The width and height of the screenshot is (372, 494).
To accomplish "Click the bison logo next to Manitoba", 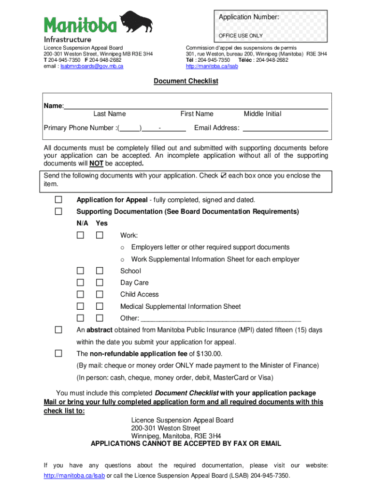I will click(136, 23).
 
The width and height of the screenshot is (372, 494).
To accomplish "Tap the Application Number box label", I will click(248, 17).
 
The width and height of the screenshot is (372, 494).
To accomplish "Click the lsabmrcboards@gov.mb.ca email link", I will click(91, 66).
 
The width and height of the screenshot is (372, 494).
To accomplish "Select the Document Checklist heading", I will click(186, 81).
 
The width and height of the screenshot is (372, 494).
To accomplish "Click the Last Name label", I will click(110, 114).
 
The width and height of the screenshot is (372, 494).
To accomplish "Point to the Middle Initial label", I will click(262, 114).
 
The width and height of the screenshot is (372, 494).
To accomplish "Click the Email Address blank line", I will click(285, 128).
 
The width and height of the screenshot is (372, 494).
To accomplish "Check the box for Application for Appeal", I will click(58, 200).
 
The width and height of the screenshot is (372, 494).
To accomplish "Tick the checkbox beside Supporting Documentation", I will click(58, 211).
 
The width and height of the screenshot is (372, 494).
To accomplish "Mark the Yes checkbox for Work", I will click(100, 235).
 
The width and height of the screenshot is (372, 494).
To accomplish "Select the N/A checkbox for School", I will click(81, 271).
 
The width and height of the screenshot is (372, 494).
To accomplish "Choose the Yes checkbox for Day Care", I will click(100, 283).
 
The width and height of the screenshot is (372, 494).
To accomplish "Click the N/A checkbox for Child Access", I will click(81, 294).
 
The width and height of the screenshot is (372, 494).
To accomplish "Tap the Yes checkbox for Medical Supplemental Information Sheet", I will click(100, 306).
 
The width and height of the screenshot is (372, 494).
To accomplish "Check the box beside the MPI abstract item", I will click(58, 330).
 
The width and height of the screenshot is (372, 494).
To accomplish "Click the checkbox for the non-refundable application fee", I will click(58, 354).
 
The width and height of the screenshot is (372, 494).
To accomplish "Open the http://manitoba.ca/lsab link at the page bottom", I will click(74, 476).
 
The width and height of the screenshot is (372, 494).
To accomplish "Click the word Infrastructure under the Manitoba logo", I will click(67, 39).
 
